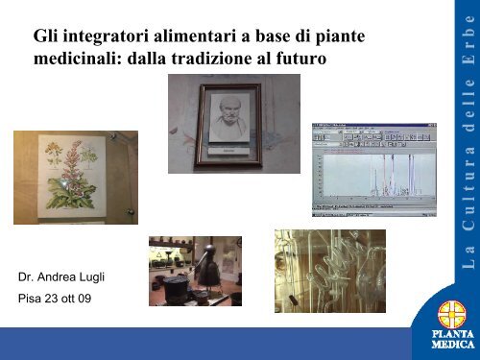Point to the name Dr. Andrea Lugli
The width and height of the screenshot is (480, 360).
[61, 277]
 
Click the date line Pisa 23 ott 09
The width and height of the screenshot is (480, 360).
[55, 299]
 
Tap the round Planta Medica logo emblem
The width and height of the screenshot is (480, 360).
[452, 314]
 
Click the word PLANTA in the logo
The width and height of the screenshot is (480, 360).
[453, 334]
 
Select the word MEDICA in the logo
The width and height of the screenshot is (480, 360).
[453, 345]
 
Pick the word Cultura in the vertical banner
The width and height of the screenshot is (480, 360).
[468, 188]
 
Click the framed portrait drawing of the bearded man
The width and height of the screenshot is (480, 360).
[228, 125]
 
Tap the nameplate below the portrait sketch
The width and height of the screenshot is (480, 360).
[228, 151]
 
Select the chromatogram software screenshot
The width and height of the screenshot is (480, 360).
[374, 170]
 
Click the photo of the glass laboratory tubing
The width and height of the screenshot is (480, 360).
[330, 271]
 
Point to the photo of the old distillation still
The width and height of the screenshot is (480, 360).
[195, 271]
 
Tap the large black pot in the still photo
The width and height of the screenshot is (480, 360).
[175, 287]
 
